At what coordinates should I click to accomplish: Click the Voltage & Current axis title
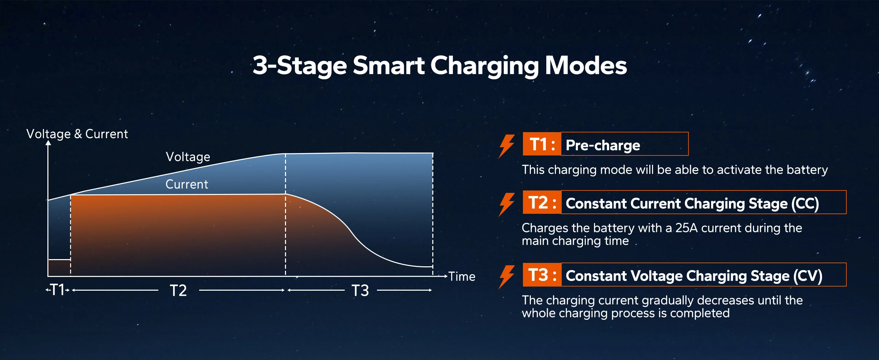pos(77,134)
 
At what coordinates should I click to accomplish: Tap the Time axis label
pos(462,276)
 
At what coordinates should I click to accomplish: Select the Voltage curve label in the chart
pos(188,157)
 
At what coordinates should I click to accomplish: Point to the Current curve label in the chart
pos(187,184)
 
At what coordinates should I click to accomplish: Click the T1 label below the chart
pos(57,290)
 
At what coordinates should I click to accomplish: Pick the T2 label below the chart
pos(179,290)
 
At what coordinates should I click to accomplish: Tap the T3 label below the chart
pos(360,290)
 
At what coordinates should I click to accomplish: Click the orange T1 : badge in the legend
pos(542,144)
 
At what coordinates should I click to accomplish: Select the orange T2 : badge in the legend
pos(542,202)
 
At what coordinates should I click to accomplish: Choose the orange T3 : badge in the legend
pos(542,275)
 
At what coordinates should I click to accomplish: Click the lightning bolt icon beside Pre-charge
pos(507,146)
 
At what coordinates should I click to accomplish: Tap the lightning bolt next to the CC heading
pos(507,205)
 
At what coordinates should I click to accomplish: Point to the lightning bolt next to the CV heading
pos(507,277)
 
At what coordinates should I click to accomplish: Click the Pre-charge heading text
pos(603,145)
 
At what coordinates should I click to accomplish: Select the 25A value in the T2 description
pos(686,228)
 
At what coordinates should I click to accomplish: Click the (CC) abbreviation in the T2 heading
pos(805,204)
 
